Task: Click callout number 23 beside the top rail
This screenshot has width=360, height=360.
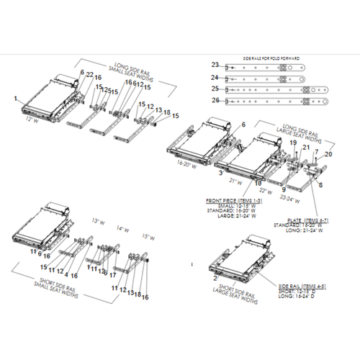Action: [214, 66]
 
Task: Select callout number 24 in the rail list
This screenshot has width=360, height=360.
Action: [214, 77]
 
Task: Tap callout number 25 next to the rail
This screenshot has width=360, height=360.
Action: [214, 89]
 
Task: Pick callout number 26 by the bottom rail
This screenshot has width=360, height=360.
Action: [214, 102]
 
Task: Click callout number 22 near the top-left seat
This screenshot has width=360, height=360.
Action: [89, 75]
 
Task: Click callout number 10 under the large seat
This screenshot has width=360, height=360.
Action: [258, 183]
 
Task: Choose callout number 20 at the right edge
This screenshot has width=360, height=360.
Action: [329, 155]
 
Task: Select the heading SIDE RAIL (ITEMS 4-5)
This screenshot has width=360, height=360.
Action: [301, 287]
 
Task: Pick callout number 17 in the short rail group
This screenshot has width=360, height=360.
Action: [114, 274]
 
